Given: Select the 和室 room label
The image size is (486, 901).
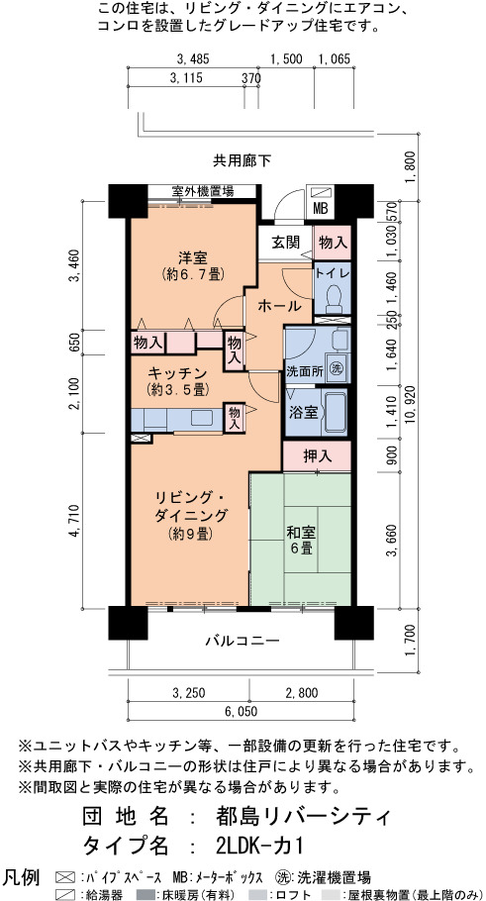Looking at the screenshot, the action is click(x=301, y=532).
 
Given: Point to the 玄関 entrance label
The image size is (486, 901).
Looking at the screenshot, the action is click(x=285, y=243).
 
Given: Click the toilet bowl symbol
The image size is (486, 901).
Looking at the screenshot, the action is click(x=333, y=299).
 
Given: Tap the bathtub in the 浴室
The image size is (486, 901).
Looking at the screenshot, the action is click(x=334, y=413).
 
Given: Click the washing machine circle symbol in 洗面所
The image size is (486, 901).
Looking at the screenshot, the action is click(x=337, y=369).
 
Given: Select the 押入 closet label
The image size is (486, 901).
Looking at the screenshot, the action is click(x=317, y=456).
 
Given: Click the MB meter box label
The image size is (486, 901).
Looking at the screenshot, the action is click(x=320, y=209).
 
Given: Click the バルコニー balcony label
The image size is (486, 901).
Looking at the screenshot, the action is click(x=243, y=640).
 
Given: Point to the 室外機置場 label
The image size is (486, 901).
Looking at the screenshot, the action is click(x=202, y=191).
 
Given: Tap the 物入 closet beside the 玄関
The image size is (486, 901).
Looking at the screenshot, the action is click(x=333, y=242).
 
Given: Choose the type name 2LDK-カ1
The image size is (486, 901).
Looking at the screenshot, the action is click(x=259, y=846).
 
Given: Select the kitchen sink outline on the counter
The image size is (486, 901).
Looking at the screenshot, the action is click(x=202, y=418).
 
